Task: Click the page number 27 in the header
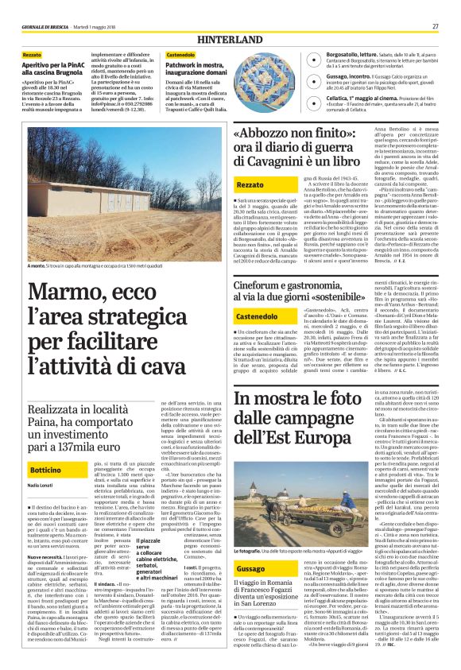coord(436,26)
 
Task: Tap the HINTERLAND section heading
coord(230,38)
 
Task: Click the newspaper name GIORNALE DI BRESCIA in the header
coord(47,26)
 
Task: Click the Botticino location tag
coord(47,471)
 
